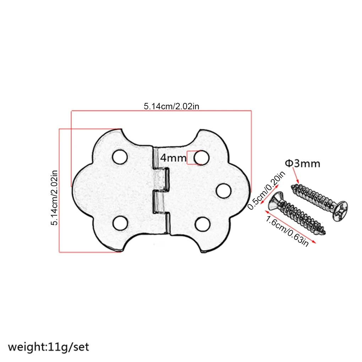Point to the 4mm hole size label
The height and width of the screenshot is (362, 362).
click(x=173, y=158)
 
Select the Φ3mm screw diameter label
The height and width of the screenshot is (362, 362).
click(x=302, y=164)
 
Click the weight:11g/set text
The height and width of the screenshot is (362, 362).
click(x=49, y=346)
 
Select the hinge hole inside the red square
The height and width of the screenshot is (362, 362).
click(x=201, y=157)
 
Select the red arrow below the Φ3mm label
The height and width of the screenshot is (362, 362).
click(x=295, y=176)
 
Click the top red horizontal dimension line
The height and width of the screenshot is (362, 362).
click(x=161, y=111)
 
